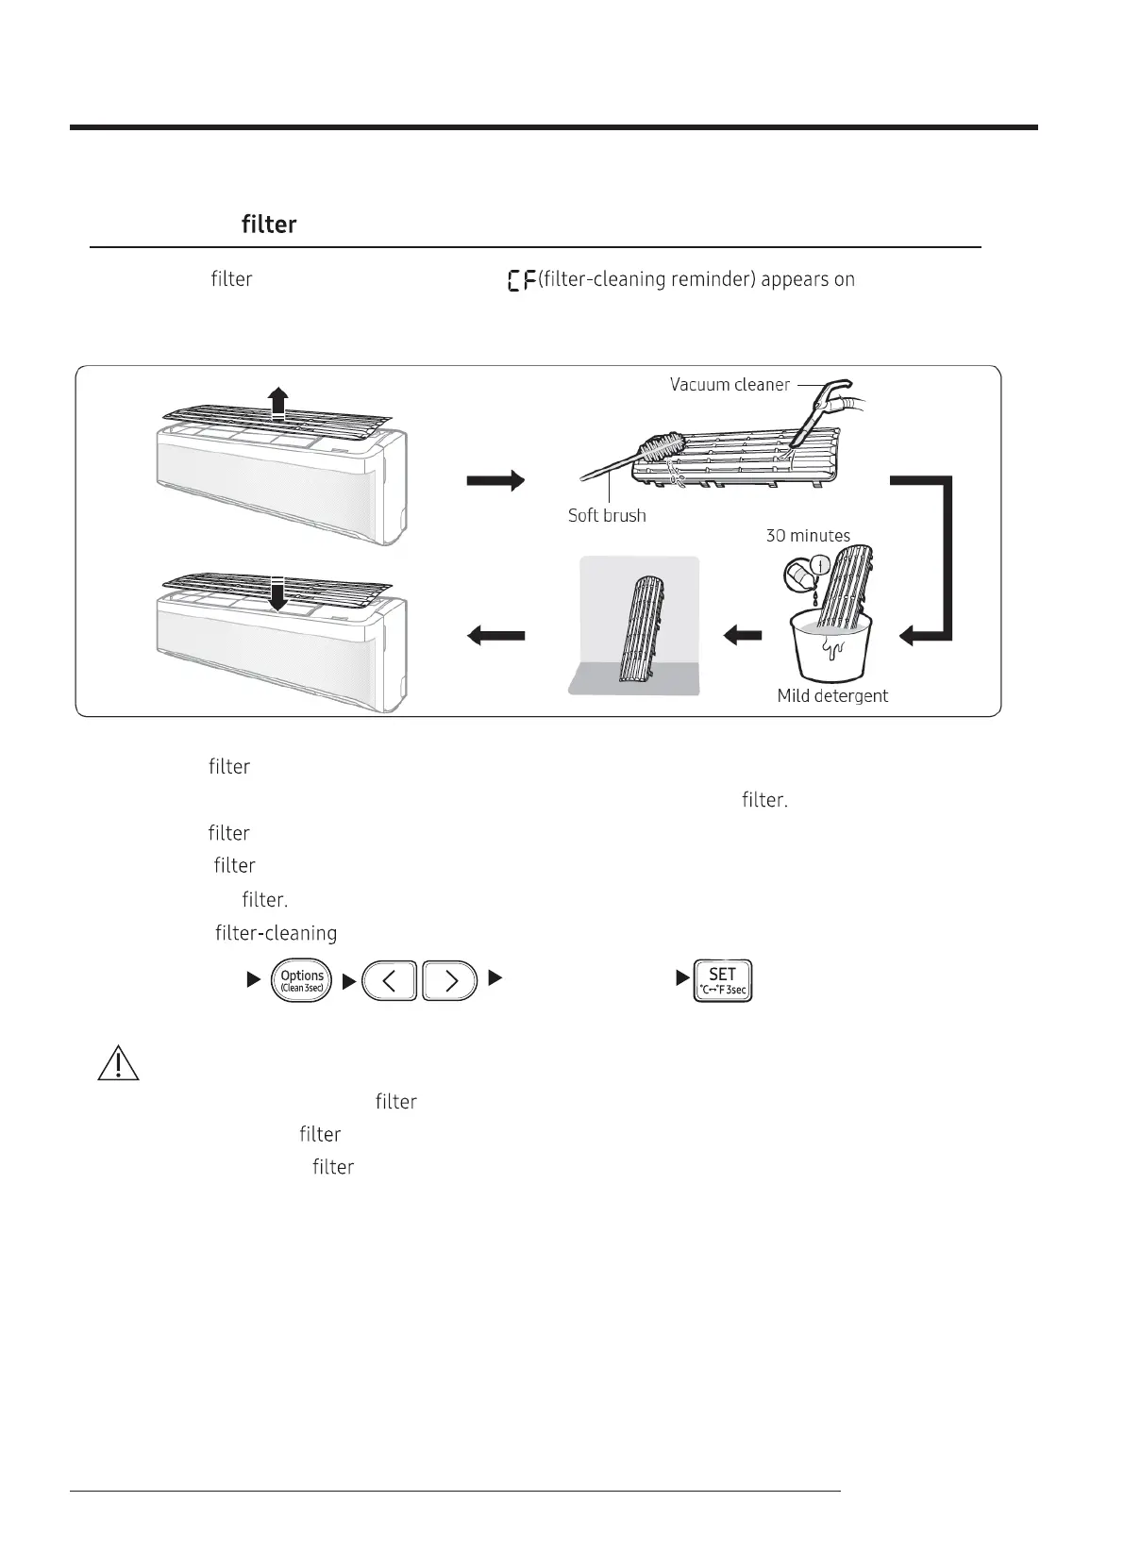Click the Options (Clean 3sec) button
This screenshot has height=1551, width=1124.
click(302, 980)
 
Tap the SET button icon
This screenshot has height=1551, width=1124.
click(722, 980)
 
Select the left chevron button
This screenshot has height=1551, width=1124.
click(389, 981)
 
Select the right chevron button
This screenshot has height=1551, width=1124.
click(450, 981)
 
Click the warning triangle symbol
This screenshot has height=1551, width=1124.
click(118, 1063)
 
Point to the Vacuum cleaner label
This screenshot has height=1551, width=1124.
click(730, 385)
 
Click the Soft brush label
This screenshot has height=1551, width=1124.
click(607, 516)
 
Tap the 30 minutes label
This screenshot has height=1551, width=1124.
click(808, 536)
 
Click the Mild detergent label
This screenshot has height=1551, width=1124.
click(832, 696)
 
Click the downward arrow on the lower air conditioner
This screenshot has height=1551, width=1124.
click(277, 594)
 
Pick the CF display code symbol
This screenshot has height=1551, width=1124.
click(521, 280)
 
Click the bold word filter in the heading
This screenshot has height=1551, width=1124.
click(269, 225)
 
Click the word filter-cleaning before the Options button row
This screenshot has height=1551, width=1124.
click(276, 934)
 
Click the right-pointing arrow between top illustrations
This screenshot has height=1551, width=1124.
click(495, 481)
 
